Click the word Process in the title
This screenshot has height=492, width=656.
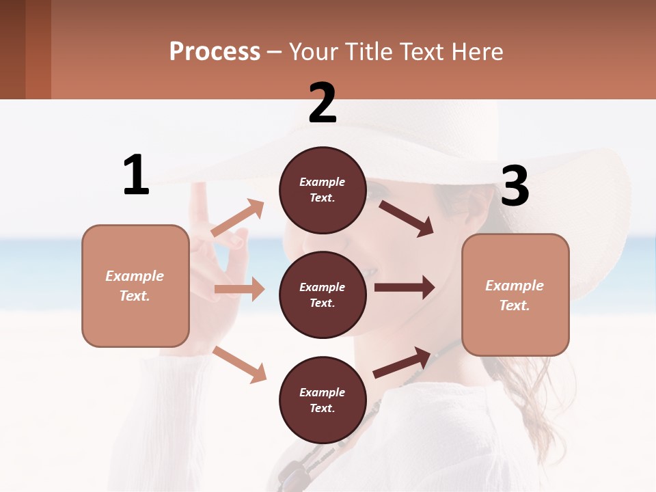point(215,52)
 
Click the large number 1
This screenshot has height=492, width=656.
point(136,175)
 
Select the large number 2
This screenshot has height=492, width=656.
point(323,103)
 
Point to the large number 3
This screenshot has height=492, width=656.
point(515,186)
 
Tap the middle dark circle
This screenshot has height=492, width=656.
point(322,295)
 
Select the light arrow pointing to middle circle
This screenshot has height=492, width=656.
point(239,289)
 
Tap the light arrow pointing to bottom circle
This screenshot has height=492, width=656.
point(240,364)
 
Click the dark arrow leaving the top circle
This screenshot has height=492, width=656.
point(407,218)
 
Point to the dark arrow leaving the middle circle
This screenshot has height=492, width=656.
point(405,287)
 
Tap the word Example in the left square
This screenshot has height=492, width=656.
point(135,276)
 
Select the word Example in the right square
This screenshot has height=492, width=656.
point(515,286)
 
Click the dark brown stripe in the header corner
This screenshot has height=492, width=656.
point(12,49)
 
